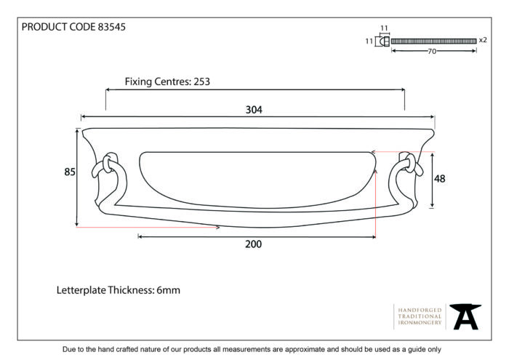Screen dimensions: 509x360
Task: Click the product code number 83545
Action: (112, 27)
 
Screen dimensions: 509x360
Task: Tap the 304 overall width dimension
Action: (254, 110)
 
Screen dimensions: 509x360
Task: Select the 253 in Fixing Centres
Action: (201, 81)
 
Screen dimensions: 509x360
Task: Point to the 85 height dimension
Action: (70, 172)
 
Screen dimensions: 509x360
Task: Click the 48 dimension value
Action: (439, 178)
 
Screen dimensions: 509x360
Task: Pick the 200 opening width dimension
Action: (253, 244)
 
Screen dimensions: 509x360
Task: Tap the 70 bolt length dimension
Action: (432, 52)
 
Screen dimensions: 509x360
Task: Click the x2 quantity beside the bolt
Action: (483, 40)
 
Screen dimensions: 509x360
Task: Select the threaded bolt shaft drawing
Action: (433, 41)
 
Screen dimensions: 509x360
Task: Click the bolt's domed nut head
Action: (385, 41)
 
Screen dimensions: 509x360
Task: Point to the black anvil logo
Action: (465, 316)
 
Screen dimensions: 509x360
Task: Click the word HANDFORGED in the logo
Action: (420, 311)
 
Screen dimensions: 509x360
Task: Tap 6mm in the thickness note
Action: (168, 290)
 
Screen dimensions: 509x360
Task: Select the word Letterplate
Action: (81, 290)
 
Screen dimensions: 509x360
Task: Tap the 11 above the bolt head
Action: (384, 28)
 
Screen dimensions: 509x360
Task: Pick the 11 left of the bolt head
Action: (369, 41)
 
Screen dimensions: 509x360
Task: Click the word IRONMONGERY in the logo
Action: (420, 323)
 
